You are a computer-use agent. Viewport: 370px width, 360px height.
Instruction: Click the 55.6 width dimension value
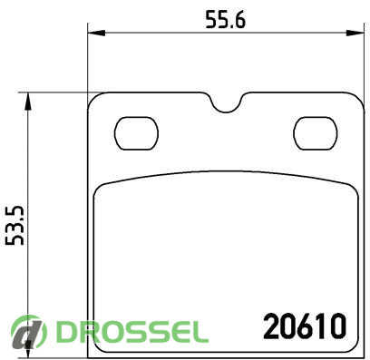225,19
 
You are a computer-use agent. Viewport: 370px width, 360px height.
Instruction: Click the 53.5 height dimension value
15,226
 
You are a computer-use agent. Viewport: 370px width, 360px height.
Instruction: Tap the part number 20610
305,326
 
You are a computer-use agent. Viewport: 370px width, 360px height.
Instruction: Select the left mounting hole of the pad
136,133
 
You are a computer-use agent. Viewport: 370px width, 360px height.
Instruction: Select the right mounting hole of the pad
316,133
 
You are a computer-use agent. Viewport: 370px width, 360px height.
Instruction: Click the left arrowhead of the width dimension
96,33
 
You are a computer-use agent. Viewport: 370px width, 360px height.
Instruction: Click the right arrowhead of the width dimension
355,33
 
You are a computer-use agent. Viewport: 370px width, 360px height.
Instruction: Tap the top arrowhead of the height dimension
27,102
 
